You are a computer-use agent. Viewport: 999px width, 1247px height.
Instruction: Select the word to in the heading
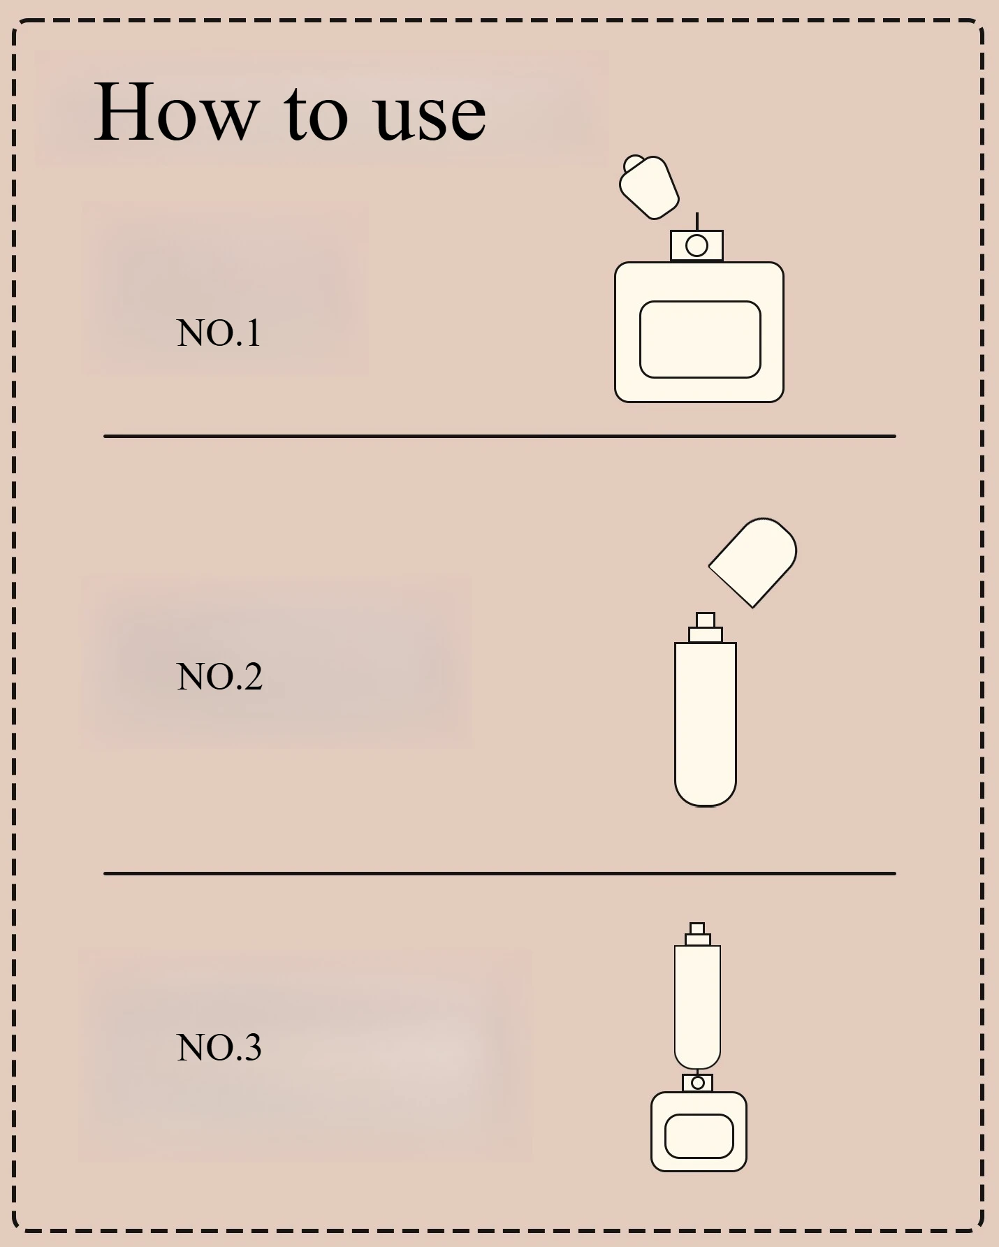click(316, 114)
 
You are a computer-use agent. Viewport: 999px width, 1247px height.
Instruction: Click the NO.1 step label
click(219, 333)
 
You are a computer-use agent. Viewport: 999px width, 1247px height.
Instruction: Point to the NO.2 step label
click(219, 676)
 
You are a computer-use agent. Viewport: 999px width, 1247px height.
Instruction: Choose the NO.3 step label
click(219, 1048)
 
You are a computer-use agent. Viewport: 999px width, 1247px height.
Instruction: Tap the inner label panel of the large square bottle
click(700, 340)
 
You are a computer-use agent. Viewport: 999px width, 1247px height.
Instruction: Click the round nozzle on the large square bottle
click(697, 246)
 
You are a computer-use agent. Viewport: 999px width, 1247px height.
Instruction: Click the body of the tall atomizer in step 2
click(706, 724)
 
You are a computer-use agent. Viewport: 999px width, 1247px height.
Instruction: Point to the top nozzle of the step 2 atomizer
click(706, 620)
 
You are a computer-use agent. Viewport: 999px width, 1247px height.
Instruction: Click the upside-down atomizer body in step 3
click(697, 1007)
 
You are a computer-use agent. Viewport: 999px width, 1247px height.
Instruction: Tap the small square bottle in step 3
click(699, 1132)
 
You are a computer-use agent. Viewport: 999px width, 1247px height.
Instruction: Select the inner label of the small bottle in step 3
click(699, 1136)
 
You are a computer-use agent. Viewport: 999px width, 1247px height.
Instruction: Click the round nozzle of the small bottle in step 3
click(697, 1083)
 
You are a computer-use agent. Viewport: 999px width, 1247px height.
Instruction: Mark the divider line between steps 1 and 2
click(499, 436)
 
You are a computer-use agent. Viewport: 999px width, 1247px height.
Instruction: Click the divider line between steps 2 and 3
click(499, 873)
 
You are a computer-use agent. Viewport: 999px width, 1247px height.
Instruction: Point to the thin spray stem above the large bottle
click(697, 222)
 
